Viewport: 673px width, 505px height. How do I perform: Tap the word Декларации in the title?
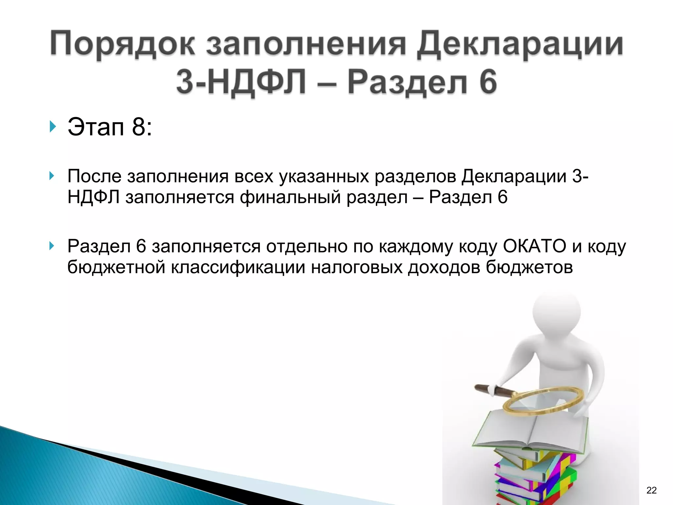coord(520,44)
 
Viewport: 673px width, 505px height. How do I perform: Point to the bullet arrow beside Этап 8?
coord(52,127)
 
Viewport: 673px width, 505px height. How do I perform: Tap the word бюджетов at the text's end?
coord(529,267)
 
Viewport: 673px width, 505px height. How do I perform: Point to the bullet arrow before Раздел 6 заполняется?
coord(52,246)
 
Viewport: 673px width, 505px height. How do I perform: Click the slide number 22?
coord(651,490)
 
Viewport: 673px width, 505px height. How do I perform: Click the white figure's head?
coord(556,312)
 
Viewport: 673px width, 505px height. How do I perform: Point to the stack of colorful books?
coord(536,477)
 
